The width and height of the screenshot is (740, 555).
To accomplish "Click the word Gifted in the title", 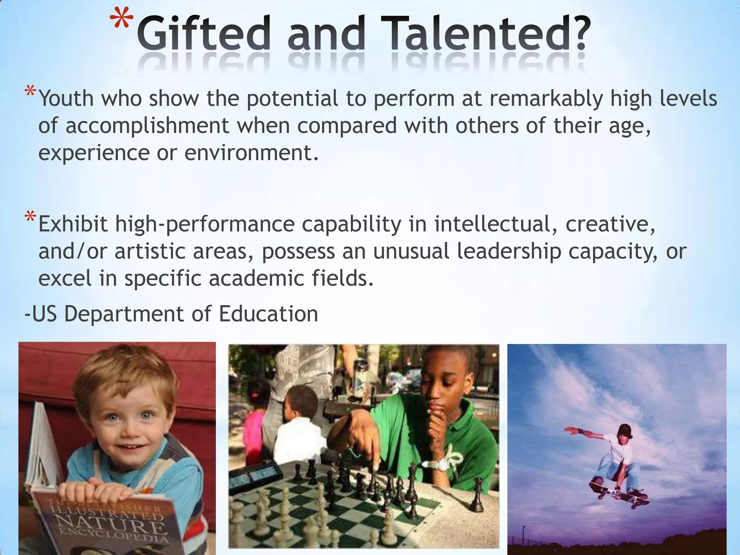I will (x=203, y=34).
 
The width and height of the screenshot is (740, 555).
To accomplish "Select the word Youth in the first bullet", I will (x=66, y=98).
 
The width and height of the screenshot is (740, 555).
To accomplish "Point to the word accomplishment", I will (x=147, y=126).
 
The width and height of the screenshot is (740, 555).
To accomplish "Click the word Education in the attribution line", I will (x=268, y=314).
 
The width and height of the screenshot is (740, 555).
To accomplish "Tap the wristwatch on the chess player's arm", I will (x=440, y=465).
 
